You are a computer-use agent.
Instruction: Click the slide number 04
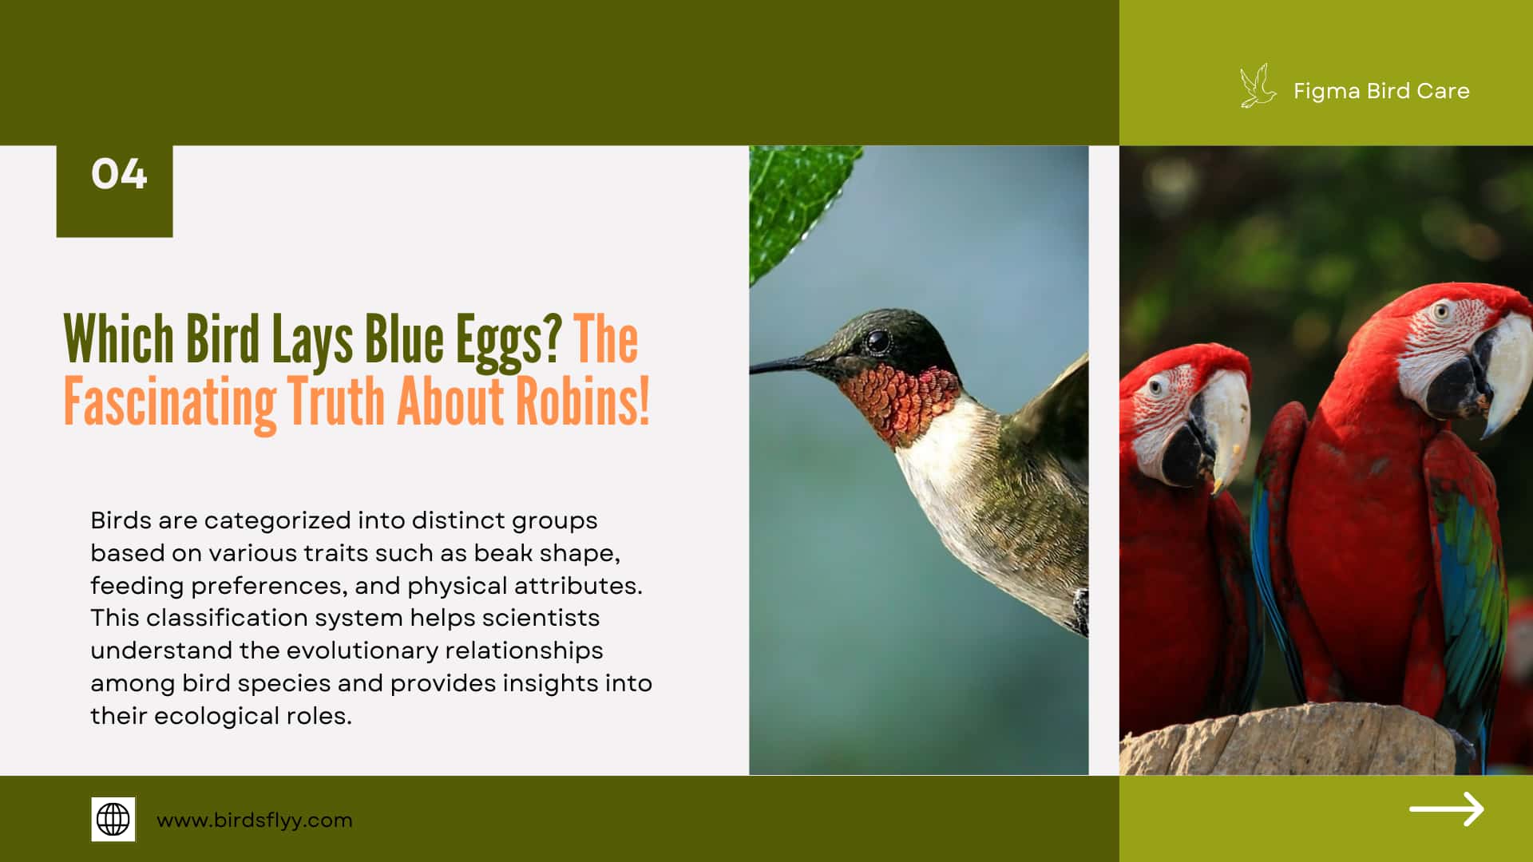tap(119, 174)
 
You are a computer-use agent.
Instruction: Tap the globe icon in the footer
tap(113, 819)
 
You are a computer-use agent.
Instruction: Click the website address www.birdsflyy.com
tap(254, 820)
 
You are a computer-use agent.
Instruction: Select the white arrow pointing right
tap(1446, 809)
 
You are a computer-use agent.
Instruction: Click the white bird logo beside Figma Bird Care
tap(1257, 88)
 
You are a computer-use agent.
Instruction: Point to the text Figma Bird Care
tap(1380, 91)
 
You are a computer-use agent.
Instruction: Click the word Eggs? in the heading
tap(509, 340)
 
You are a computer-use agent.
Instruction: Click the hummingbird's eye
tap(877, 342)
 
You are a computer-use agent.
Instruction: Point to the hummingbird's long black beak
tap(786, 365)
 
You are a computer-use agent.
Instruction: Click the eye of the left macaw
tap(1155, 388)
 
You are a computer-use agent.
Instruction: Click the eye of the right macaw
tap(1440, 310)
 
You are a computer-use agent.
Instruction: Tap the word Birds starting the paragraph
tap(121, 520)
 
